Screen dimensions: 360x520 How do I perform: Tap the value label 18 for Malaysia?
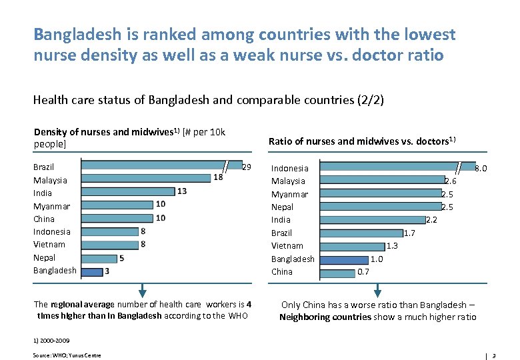(218, 177)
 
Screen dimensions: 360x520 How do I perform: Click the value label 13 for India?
(182, 191)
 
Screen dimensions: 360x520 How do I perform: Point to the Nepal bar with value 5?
(98, 257)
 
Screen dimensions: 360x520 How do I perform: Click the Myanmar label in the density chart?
(51, 206)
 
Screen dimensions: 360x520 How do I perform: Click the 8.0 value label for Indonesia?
(480, 169)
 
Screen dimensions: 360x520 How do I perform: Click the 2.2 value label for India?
(431, 220)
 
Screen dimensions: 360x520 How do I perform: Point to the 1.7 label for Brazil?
(409, 233)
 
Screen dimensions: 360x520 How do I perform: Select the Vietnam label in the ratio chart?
(287, 246)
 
